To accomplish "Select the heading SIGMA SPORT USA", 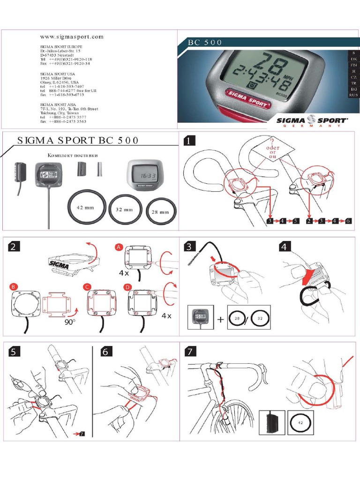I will (x=59, y=74).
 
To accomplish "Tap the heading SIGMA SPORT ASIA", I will (x=60, y=105).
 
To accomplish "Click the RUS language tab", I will (x=353, y=95).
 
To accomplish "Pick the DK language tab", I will (x=353, y=60).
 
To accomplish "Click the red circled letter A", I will (x=119, y=247).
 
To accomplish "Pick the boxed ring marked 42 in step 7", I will (x=300, y=421).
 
